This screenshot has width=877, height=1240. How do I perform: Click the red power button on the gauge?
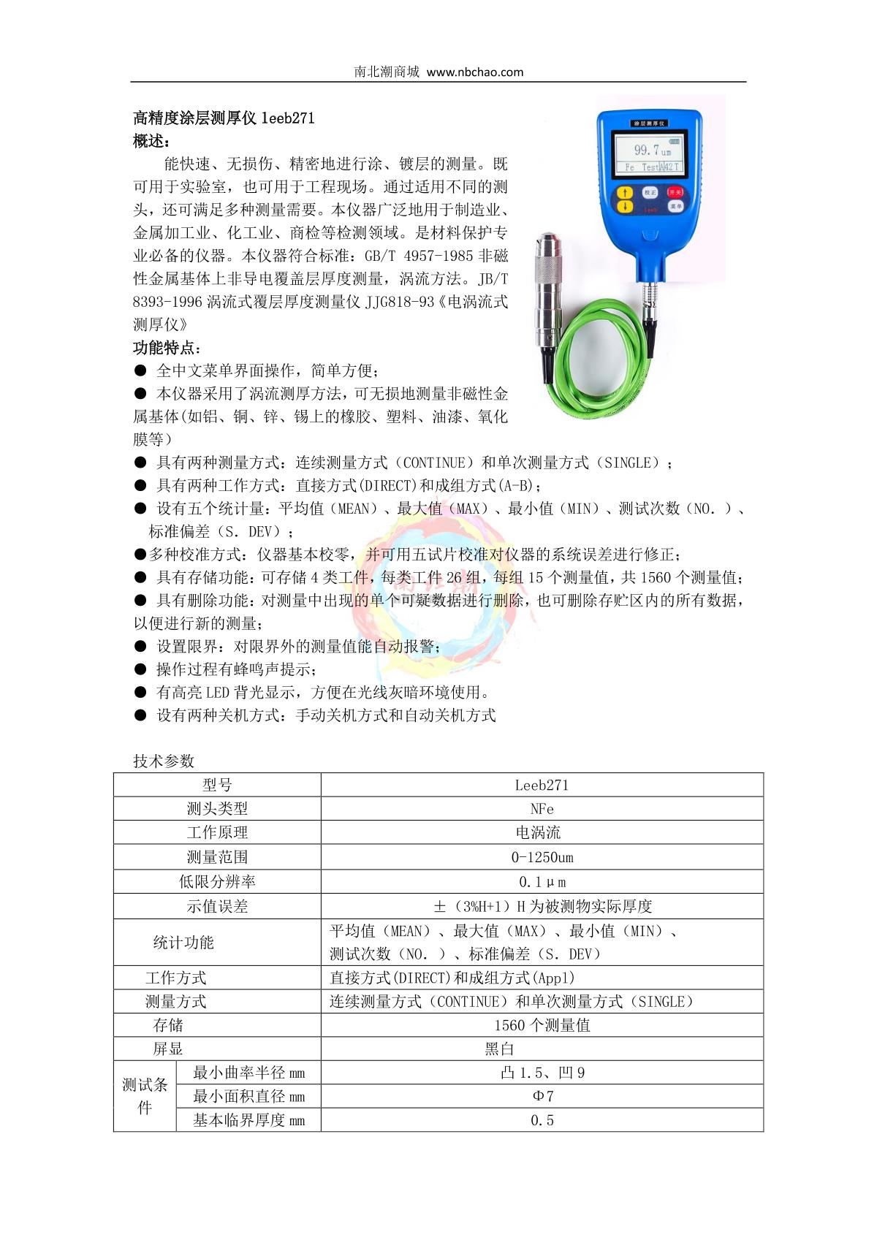pos(675,192)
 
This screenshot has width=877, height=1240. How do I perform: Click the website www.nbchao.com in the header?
pos(474,72)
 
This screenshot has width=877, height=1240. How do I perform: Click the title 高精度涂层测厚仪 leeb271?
pos(224,118)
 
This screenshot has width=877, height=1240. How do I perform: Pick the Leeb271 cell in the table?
pos(542,785)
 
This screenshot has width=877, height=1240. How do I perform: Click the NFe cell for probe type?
pos(542,809)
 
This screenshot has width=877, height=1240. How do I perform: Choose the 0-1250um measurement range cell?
pos(542,857)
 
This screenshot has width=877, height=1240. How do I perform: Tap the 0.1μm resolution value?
pos(542,882)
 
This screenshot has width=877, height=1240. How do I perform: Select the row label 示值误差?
pos(217,906)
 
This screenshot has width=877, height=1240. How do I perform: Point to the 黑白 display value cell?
pos(500,1049)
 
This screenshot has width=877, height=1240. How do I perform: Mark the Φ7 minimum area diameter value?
pos(542,1096)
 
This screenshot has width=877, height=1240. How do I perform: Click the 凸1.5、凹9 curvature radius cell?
pos(542,1073)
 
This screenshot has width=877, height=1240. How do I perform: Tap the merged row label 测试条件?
pos(145,1096)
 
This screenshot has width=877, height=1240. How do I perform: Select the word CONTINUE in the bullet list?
pos(434,463)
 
